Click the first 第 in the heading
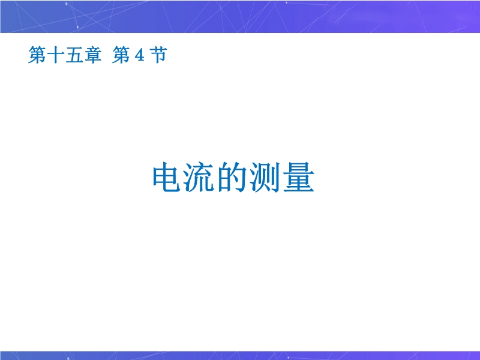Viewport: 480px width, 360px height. (x=37, y=55)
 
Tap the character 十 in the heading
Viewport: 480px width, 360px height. (x=55, y=55)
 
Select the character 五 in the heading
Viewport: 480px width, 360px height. (x=74, y=55)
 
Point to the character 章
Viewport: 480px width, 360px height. (x=92, y=55)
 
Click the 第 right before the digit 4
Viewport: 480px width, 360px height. (x=121, y=55)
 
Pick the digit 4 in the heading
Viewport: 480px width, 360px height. (x=139, y=55)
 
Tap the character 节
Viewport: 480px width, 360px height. (x=158, y=55)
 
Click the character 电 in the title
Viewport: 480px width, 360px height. (x=166, y=177)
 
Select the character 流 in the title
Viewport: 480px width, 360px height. (x=199, y=177)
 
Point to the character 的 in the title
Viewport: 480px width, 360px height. (x=232, y=177)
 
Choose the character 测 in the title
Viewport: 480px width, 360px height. (x=265, y=177)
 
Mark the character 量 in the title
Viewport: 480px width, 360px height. (x=299, y=177)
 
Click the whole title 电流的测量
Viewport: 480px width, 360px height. (x=233, y=177)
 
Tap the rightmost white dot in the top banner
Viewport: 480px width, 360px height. (x=287, y=3)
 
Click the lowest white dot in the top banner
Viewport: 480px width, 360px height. (x=78, y=27)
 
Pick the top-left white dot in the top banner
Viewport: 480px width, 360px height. (x=67, y=4)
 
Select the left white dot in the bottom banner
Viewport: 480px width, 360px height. (x=68, y=358)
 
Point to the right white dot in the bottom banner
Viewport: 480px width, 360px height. (x=288, y=357)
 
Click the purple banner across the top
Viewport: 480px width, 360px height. (x=240, y=17)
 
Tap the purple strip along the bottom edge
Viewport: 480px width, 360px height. (x=240, y=355)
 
